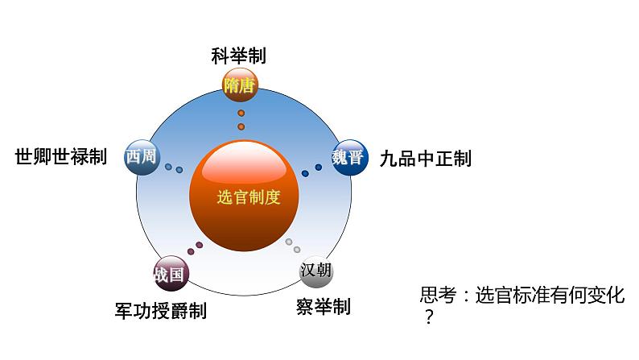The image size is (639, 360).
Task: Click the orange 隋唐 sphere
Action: coord(240,85)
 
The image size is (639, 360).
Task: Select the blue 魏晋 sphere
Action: coord(347,156)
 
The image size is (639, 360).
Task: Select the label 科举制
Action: coord(238,56)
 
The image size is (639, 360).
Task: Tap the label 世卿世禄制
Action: coord(61,157)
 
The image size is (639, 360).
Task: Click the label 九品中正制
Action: coord(425,158)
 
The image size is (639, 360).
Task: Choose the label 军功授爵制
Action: coord(161,310)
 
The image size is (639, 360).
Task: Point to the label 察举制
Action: coord(324,306)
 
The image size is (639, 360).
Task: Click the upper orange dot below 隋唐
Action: coord(241,114)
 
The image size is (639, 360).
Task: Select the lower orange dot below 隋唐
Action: coord(241,126)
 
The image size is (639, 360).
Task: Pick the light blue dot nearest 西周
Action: coord(167,167)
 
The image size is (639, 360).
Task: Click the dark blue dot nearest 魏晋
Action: coord(319,167)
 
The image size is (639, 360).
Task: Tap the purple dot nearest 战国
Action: coord(190,250)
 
